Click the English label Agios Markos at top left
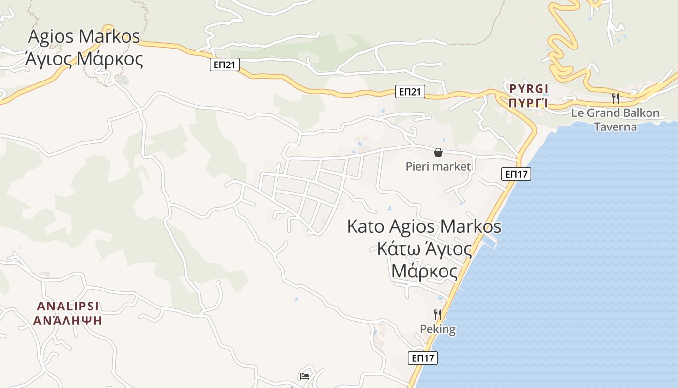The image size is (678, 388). [x=84, y=37]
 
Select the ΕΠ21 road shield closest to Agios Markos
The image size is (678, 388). [x=225, y=65]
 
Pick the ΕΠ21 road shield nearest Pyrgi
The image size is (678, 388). [x=410, y=92]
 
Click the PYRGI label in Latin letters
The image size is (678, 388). [x=529, y=88]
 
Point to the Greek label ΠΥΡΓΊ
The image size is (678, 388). [x=529, y=103]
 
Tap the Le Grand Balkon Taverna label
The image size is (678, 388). [x=615, y=120]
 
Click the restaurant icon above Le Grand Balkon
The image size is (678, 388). [x=615, y=98]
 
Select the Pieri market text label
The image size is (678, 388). [x=438, y=167]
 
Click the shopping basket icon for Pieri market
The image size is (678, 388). [x=438, y=152]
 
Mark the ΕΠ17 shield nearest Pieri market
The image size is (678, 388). [x=517, y=174]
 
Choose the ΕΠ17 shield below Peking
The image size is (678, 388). [x=423, y=358]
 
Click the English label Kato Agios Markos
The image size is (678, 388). [x=424, y=227]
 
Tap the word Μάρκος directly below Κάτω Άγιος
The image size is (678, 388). [x=424, y=272]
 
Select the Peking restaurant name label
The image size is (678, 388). [x=438, y=329]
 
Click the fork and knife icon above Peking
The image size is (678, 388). [x=438, y=314]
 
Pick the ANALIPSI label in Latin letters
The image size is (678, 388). [x=68, y=306]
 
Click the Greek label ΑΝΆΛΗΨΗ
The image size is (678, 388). [x=68, y=321]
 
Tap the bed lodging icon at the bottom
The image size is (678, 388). [x=305, y=376]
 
